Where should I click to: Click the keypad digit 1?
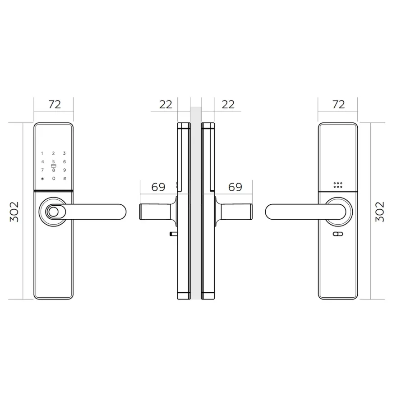coord(42,153)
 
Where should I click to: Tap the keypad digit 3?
coord(65,153)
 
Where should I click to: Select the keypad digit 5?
coord(54,162)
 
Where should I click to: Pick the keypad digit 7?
coord(42,170)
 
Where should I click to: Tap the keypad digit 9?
coord(65,170)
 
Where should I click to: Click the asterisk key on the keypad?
coord(42,179)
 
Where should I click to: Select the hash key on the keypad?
coord(65,178)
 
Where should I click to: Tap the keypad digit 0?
coord(54,178)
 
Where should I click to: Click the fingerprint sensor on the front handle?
coord(53,212)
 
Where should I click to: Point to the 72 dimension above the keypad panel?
coord(55,104)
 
